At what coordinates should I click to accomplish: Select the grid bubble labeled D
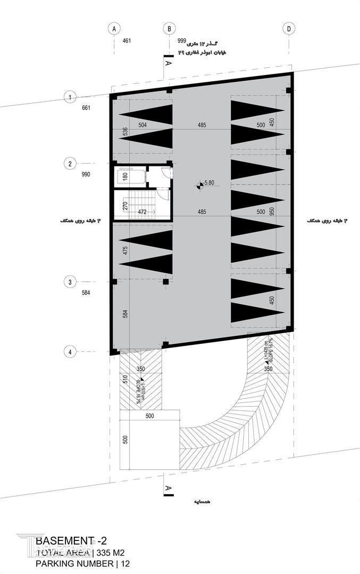(x=289, y=29)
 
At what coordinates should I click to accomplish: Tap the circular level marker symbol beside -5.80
(x=198, y=185)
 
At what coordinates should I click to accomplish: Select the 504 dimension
(x=143, y=125)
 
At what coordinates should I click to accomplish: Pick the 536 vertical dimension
(x=125, y=132)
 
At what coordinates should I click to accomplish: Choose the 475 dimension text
(x=125, y=251)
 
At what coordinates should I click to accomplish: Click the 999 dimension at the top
(x=181, y=41)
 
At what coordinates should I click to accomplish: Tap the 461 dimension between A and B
(x=126, y=41)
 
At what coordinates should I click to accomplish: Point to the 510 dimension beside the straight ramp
(x=125, y=379)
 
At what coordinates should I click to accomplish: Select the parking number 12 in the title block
(x=125, y=563)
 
